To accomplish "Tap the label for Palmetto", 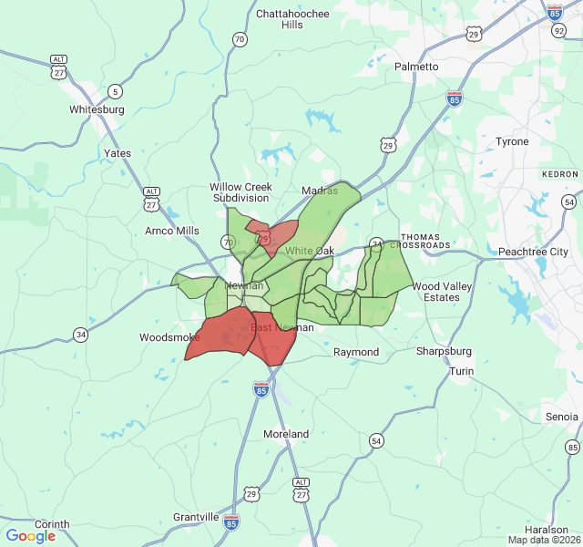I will [x=416, y=67].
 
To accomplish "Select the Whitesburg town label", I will [x=97, y=109].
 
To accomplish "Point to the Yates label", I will [x=118, y=153].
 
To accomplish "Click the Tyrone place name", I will [x=511, y=141].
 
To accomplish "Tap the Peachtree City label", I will [x=533, y=251].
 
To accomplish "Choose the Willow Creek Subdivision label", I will [x=240, y=192].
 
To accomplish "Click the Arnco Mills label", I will [x=171, y=231].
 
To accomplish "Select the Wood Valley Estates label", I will [x=442, y=292].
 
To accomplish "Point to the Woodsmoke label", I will [x=163, y=337].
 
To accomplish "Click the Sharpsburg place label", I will [x=444, y=351].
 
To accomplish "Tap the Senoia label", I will [x=561, y=417].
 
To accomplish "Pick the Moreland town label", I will [x=286, y=434].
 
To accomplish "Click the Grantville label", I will [x=196, y=517].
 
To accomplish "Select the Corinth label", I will [x=52, y=524].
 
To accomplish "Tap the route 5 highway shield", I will [x=114, y=91].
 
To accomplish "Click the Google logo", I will [x=30, y=536].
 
